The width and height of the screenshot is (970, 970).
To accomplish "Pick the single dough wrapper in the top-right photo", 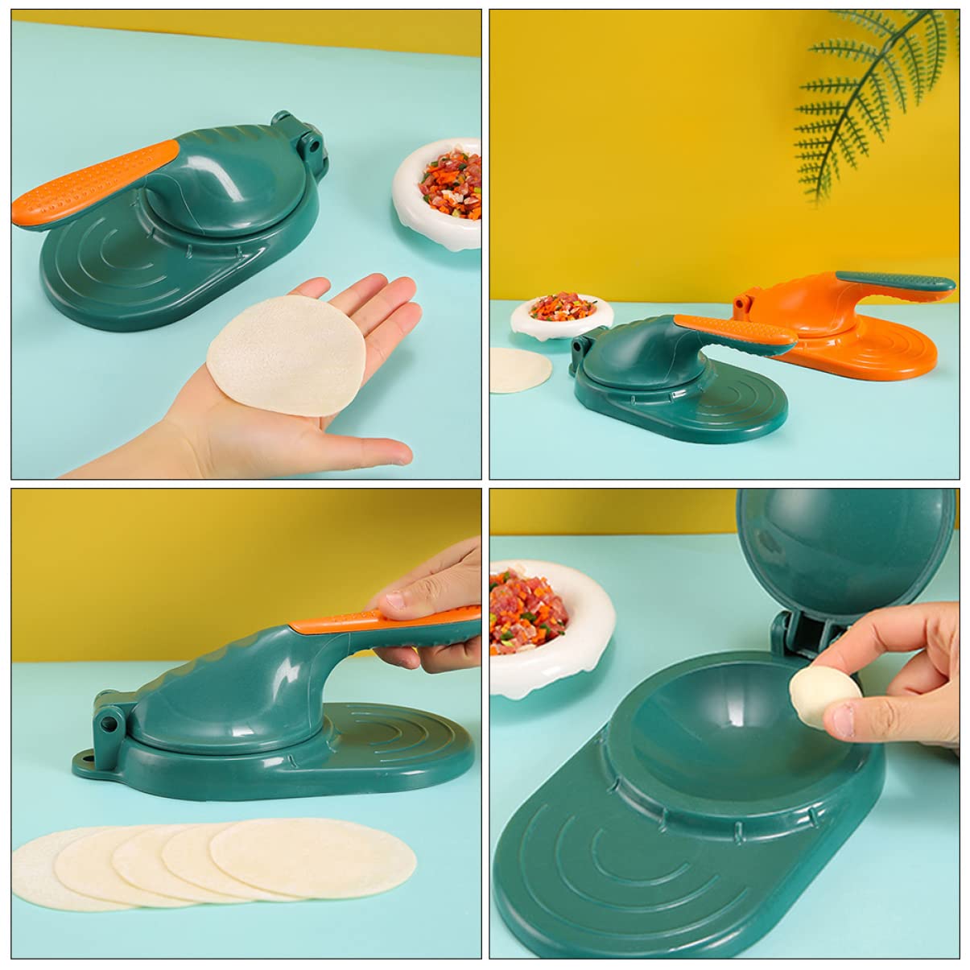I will (519, 370).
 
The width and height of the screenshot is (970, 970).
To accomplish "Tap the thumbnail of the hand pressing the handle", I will (407, 600).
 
